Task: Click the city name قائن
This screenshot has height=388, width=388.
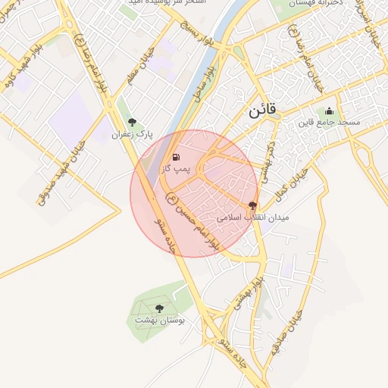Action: (x=264, y=111)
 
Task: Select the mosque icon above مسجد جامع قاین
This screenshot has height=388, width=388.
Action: (x=329, y=111)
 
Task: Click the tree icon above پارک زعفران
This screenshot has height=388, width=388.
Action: (x=133, y=122)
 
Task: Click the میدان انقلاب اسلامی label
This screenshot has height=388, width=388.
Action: (x=253, y=217)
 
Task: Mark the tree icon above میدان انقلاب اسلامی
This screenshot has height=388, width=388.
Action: (x=252, y=205)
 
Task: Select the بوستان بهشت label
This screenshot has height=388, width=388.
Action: (x=160, y=321)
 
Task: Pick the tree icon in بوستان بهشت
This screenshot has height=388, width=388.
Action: (x=159, y=308)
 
